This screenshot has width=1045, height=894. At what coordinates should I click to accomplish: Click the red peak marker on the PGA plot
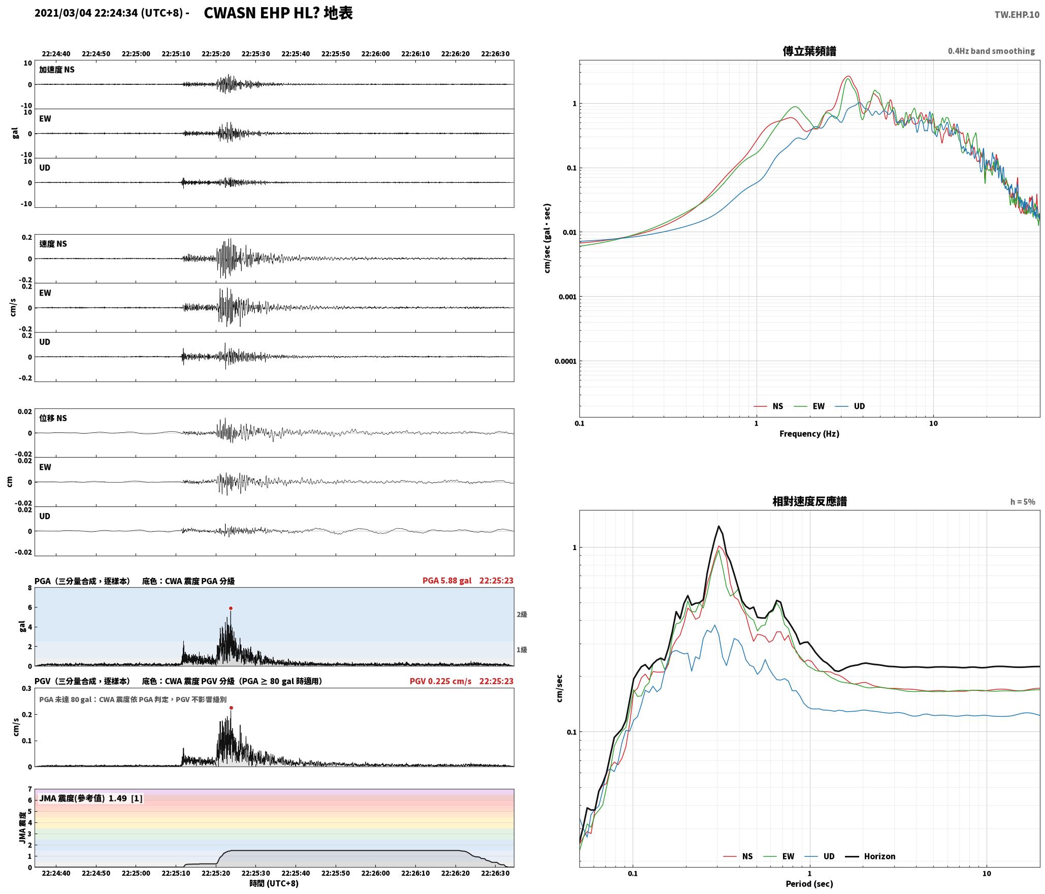tap(231, 608)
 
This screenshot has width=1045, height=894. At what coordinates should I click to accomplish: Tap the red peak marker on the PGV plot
tap(231, 708)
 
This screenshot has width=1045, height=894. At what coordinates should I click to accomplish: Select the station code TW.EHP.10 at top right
tap(1017, 15)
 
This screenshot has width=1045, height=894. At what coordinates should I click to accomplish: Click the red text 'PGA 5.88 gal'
tap(447, 581)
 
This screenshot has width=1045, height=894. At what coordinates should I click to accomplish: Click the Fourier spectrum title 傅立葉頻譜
tap(809, 51)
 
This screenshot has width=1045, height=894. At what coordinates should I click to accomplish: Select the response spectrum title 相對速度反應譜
tap(809, 501)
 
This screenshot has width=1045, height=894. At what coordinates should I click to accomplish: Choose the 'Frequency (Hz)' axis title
tap(809, 434)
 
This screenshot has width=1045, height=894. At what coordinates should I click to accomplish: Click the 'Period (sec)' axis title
tap(809, 884)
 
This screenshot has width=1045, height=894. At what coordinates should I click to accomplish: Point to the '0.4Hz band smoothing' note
tap(991, 51)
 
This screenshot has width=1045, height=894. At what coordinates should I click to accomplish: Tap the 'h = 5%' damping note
tap(1023, 502)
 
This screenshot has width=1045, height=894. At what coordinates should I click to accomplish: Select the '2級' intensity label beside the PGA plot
tap(522, 615)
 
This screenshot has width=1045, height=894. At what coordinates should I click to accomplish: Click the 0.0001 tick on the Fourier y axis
tap(566, 362)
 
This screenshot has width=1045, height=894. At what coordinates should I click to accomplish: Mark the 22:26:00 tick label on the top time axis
tap(375, 54)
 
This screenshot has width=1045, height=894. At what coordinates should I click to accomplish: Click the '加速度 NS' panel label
tap(57, 70)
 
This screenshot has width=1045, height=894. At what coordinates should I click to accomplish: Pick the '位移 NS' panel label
tap(53, 418)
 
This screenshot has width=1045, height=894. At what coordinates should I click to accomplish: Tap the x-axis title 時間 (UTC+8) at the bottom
tap(274, 883)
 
